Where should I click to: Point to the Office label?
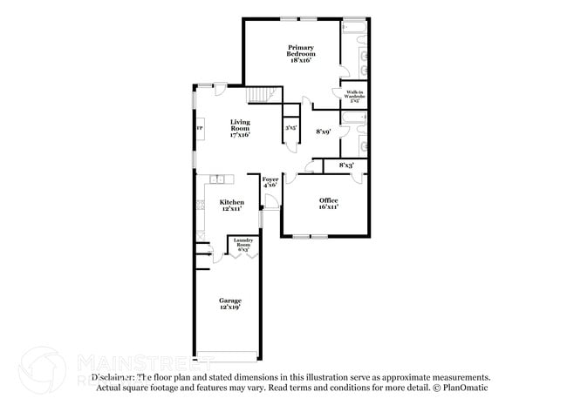[x=328, y=200]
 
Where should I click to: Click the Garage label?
[x=230, y=301]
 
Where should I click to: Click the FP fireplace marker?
[x=200, y=129]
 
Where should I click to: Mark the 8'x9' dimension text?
[x=322, y=131]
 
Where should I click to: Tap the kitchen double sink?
[x=217, y=179]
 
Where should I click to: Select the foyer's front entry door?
[x=272, y=203]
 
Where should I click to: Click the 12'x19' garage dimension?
[x=229, y=307]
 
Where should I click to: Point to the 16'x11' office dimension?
[x=328, y=207]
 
